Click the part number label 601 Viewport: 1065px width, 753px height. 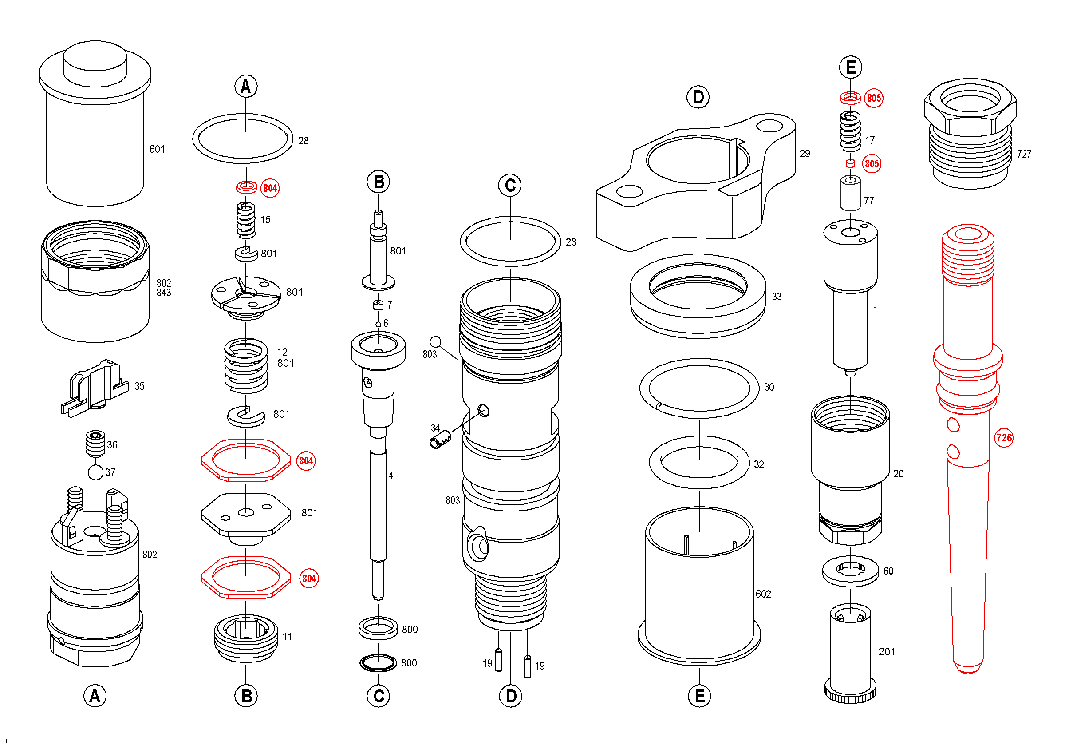coord(157,149)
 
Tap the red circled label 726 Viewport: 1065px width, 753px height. coord(1003,437)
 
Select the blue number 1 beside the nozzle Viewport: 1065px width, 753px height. coord(875,309)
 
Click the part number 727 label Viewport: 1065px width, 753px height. coord(1024,154)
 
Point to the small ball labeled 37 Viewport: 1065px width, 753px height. coord(95,472)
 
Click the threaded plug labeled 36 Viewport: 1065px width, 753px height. coord(95,444)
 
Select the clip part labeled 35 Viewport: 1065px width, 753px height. coord(95,388)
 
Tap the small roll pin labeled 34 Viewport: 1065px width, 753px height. coord(440,439)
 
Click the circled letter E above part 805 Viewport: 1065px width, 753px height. coord(850,67)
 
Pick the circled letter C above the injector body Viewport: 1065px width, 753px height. coord(510,186)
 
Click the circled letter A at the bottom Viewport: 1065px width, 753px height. coord(95,695)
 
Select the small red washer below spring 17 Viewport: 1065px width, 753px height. coord(850,163)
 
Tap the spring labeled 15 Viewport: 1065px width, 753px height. coord(246,220)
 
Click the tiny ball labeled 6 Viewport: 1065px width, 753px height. coord(378,324)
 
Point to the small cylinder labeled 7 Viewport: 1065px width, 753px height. coord(378,305)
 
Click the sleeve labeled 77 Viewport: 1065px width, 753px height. coord(850,194)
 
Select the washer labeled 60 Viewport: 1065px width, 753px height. coord(850,571)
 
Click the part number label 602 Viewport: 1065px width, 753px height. coord(763,594)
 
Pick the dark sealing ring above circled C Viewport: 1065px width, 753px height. coord(378,662)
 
